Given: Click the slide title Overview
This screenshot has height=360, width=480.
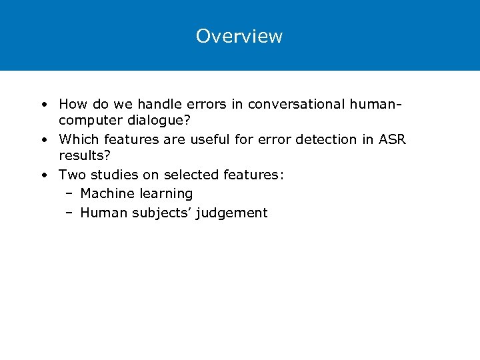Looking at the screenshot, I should [x=239, y=36].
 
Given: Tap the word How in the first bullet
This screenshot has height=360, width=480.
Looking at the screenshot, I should [x=72, y=104].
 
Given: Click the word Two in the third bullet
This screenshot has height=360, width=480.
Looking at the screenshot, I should [x=71, y=175].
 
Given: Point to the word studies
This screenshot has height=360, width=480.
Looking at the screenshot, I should [x=111, y=175].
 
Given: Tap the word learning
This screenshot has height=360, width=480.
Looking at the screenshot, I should [x=166, y=194].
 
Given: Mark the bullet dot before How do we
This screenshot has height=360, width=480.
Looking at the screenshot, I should [x=43, y=105].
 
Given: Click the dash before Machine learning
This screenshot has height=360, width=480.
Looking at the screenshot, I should [x=69, y=194].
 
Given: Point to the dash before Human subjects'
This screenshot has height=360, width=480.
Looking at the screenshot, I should [x=69, y=213].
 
